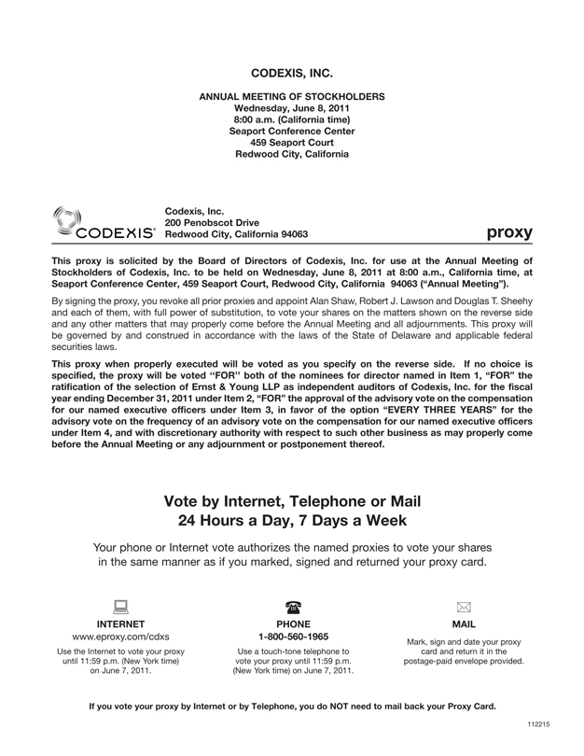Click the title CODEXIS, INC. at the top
[292, 72]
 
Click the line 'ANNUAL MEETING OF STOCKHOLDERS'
[292, 96]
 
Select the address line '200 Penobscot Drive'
[212, 222]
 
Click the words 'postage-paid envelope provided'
[464, 661]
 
